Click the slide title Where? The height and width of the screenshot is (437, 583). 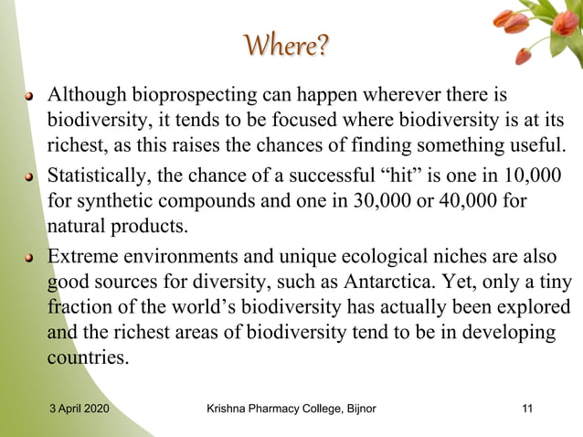click(x=286, y=44)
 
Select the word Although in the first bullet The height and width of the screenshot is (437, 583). click(x=87, y=94)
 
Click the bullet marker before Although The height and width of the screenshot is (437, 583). click(x=30, y=96)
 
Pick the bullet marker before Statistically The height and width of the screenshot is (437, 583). click(x=30, y=175)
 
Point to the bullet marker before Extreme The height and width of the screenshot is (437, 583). click(x=30, y=255)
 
